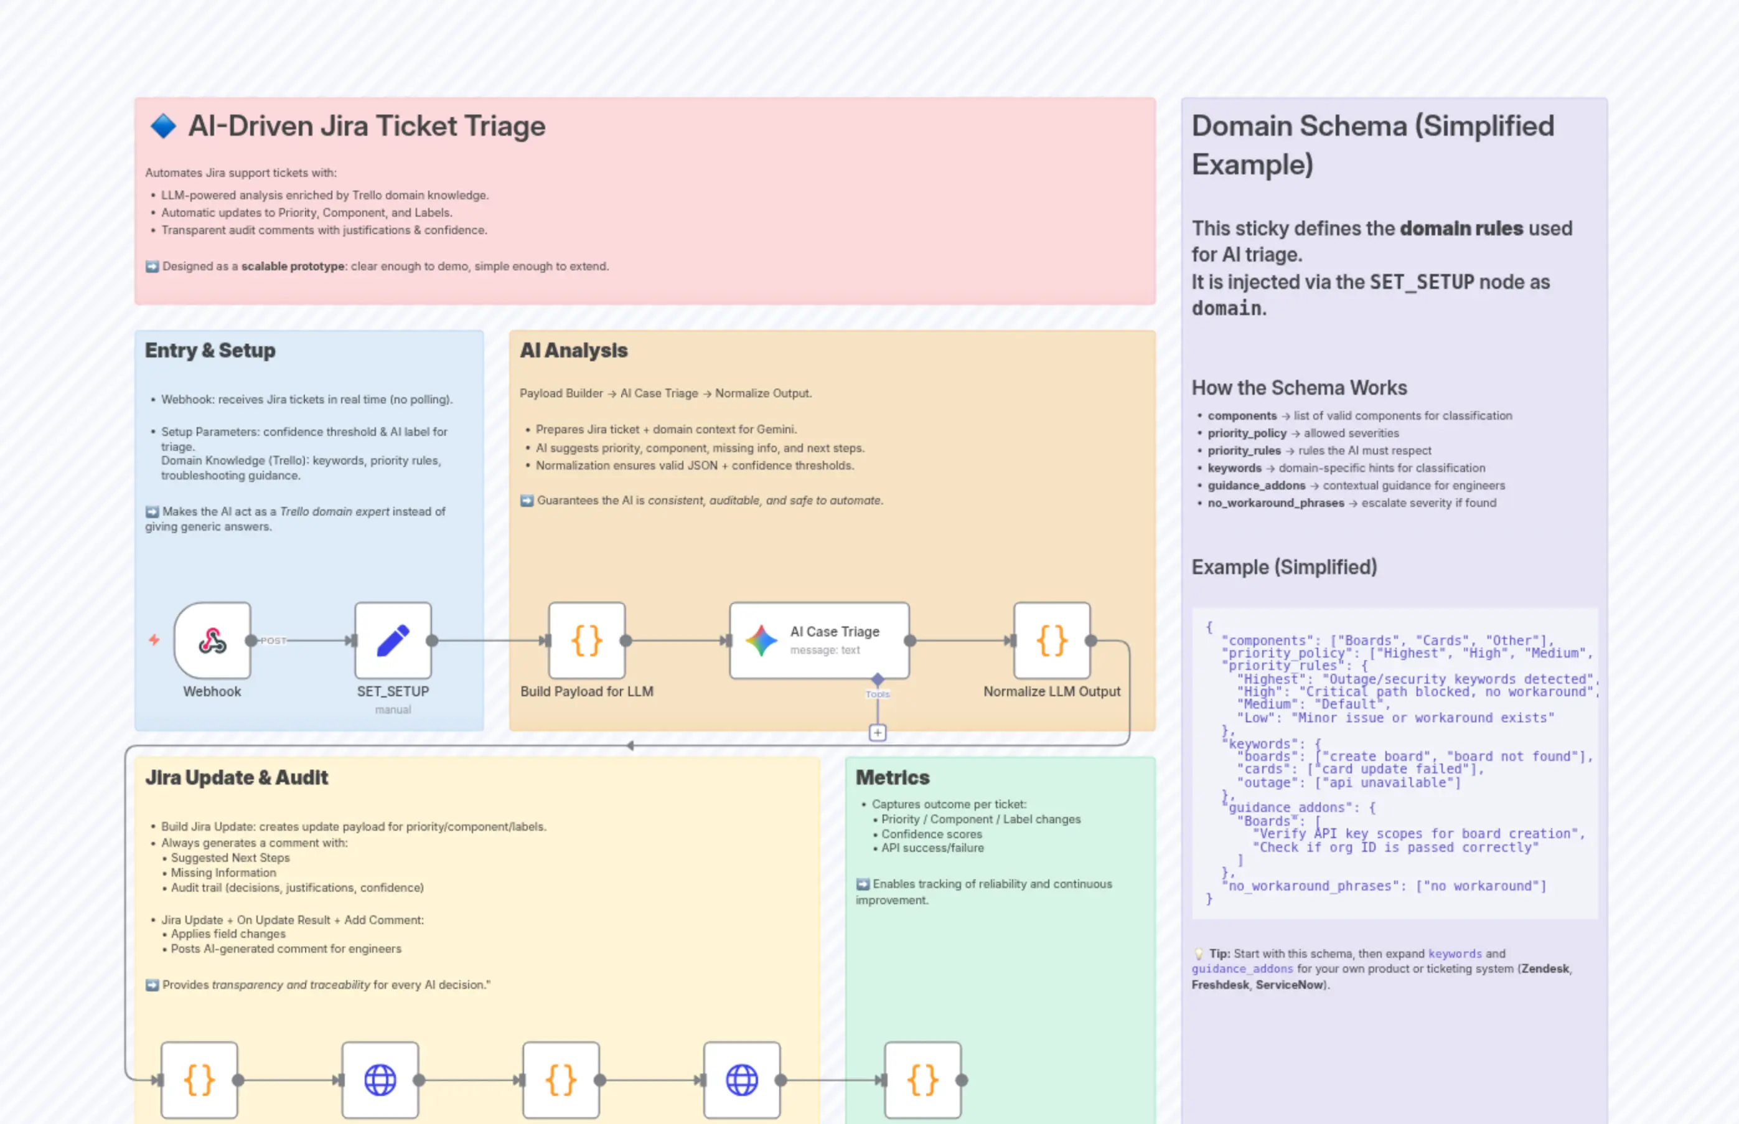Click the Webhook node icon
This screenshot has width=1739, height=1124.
(212, 640)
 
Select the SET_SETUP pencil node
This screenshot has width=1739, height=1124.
(393, 640)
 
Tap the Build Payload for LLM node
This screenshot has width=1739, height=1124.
(586, 640)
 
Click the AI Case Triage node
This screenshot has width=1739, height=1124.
(819, 640)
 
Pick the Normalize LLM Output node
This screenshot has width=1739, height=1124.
(1051, 640)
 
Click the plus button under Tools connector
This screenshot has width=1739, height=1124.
(878, 732)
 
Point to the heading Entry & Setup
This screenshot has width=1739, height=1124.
(210, 351)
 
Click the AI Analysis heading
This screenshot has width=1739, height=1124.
(573, 351)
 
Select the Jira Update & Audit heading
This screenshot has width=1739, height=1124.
(237, 777)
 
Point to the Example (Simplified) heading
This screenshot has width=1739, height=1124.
(1284, 567)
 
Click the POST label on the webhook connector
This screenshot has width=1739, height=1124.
(273, 641)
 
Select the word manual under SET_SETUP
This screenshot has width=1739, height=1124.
(393, 709)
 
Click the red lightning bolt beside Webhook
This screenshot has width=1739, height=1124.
(154, 640)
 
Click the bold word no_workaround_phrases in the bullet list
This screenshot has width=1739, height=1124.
(1275, 503)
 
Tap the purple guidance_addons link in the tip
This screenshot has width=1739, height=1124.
(1242, 968)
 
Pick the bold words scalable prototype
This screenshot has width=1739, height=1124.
(293, 267)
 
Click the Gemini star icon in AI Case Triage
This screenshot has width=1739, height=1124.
(761, 640)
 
